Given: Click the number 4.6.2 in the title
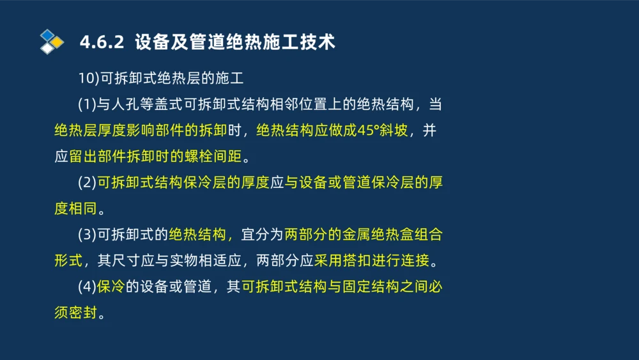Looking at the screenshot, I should click(102, 43).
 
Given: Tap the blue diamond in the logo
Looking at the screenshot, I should click(47, 35).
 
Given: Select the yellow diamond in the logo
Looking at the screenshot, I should click(57, 42).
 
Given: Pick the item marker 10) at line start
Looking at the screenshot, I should click(86, 79).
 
